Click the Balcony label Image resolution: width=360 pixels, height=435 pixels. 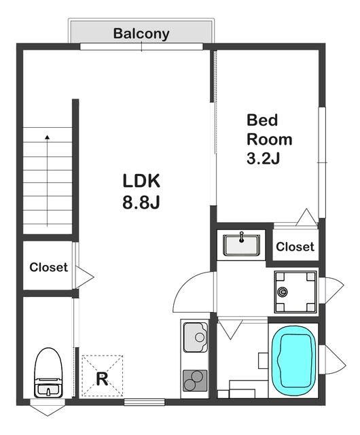[x=141, y=34]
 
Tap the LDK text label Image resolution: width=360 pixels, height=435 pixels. [x=141, y=181]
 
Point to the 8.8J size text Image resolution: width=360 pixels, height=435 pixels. [x=141, y=203]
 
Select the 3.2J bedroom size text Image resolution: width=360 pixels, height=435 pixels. [x=263, y=158]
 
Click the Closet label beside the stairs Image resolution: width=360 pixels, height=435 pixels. [x=48, y=267]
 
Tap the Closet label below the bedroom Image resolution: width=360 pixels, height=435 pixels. [x=295, y=247]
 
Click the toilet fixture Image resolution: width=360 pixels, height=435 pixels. [x=48, y=372]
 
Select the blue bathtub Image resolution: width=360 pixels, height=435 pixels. [x=293, y=362]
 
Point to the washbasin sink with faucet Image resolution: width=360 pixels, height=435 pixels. [x=241, y=245]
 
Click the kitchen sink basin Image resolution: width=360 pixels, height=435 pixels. [x=195, y=337]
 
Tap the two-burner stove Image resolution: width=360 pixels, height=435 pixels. [x=195, y=381]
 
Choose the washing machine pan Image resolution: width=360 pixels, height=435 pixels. [x=295, y=292]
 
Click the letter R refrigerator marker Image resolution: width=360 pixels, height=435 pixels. [x=102, y=379]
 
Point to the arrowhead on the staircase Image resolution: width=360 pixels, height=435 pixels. [x=48, y=137]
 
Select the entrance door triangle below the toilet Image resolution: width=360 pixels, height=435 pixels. [x=48, y=408]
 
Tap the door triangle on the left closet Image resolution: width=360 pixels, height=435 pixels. [x=84, y=277]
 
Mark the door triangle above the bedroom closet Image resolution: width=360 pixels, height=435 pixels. [x=306, y=217]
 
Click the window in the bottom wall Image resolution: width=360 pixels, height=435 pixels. [x=144, y=402]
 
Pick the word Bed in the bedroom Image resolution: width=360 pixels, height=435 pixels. [x=262, y=120]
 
